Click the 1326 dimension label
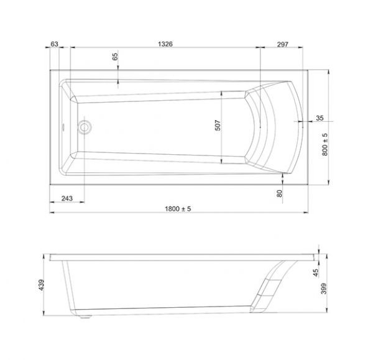165,44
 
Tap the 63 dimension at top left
54,44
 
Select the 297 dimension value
283,44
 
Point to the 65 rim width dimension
115,57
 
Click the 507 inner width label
218,125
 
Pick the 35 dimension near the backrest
320,118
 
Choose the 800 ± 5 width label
325,144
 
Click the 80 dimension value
280,193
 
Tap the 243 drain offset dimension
67,198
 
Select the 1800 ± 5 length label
178,209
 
